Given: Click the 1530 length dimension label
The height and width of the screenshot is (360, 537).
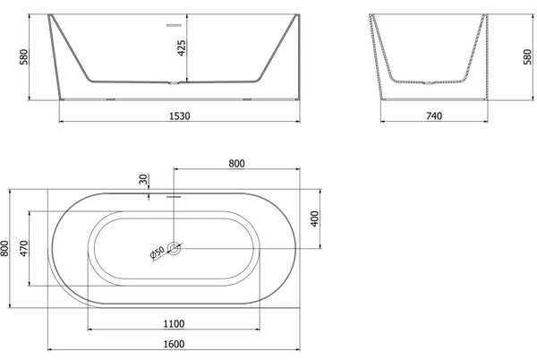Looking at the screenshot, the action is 180,116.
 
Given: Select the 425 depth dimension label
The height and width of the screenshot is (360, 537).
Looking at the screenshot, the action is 182,48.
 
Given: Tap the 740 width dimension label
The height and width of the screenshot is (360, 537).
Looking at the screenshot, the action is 434,116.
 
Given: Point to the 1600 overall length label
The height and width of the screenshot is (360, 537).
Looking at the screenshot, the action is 174,344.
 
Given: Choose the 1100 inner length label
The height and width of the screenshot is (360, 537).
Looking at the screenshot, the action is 174,323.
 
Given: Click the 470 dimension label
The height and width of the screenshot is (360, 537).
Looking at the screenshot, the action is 24,248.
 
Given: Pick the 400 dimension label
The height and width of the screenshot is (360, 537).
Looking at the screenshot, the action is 314,219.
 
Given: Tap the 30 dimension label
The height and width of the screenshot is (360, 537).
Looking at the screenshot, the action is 143,179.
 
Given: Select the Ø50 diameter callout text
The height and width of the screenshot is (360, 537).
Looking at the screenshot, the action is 158,253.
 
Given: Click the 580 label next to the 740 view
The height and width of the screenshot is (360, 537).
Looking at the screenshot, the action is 528,56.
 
